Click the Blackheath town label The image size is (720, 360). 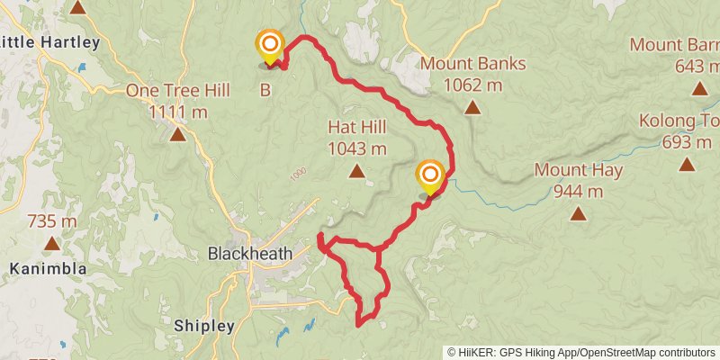(x=250, y=254)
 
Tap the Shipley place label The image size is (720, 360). (x=204, y=326)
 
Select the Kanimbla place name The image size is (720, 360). (x=49, y=269)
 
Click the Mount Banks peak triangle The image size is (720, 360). (x=472, y=108)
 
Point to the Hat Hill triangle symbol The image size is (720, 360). (x=357, y=171)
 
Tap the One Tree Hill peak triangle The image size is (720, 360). (x=178, y=135)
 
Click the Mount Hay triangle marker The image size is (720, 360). (x=578, y=213)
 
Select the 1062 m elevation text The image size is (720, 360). (x=472, y=85)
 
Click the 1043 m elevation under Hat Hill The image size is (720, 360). (x=357, y=149)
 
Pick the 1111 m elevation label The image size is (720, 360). (x=178, y=112)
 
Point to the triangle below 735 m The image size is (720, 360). (x=52, y=243)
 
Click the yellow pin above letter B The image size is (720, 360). (x=269, y=46)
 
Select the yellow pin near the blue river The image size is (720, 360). (x=431, y=175)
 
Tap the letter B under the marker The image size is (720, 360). (x=265, y=89)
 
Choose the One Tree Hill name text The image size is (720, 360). (x=178, y=91)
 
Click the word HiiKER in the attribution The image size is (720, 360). (x=477, y=352)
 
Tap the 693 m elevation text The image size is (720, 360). (x=688, y=142)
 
